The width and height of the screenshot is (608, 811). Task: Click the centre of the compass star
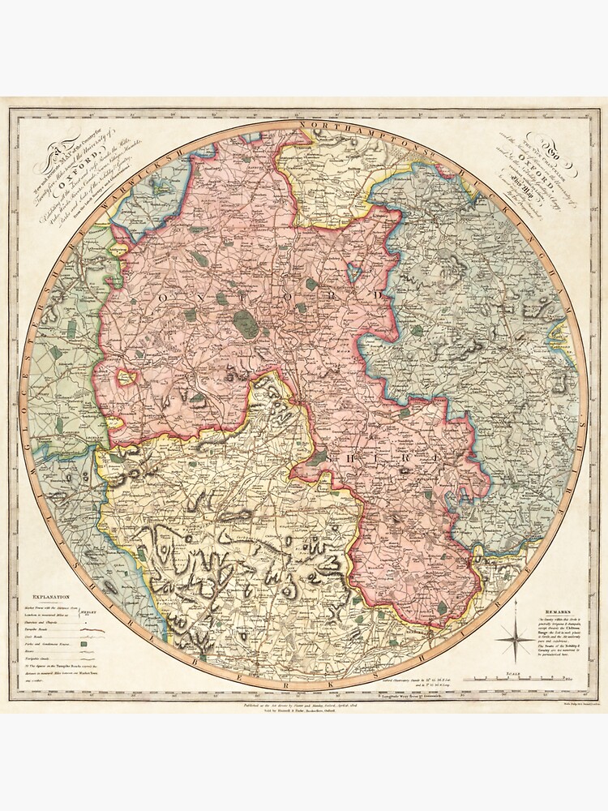point(516,641)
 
